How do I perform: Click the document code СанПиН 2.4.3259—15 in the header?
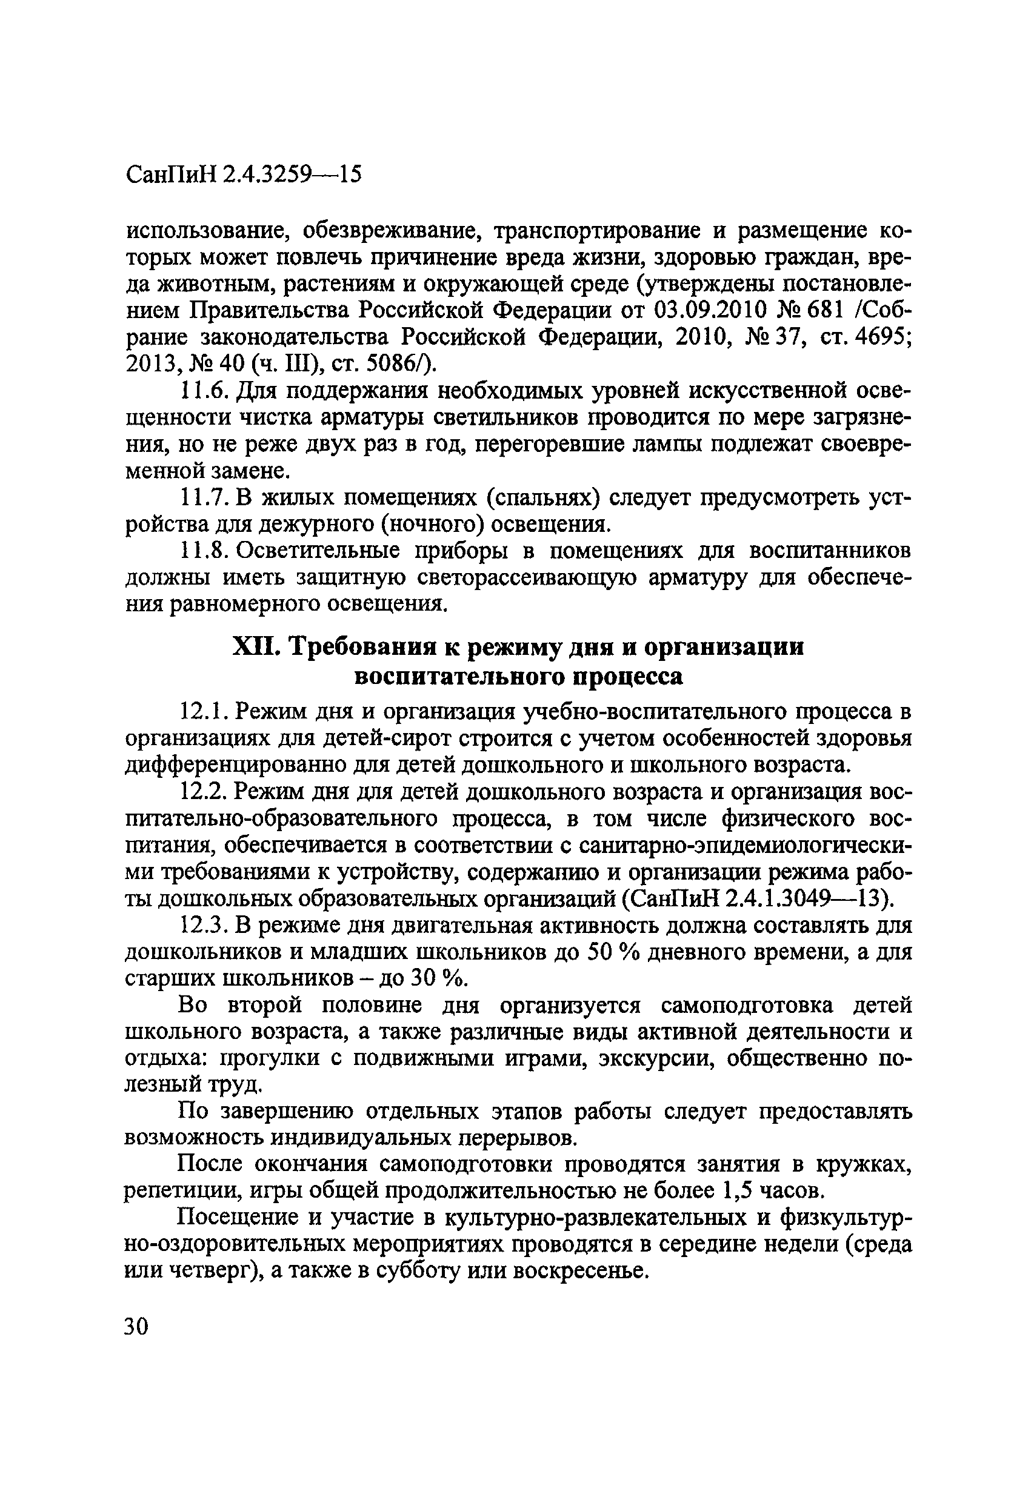click(x=242, y=175)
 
